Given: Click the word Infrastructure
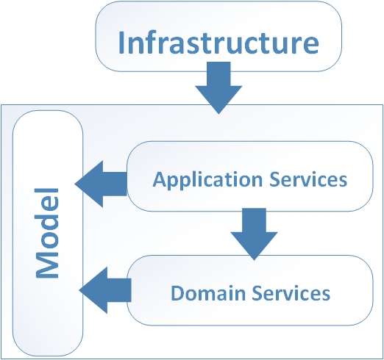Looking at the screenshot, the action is [x=218, y=43].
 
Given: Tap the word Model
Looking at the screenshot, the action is [x=47, y=233].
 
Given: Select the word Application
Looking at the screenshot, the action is [x=207, y=180].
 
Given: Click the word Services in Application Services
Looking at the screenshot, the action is [x=308, y=179].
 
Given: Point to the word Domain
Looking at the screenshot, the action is [x=208, y=293].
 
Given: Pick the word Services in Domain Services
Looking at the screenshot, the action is [x=291, y=293].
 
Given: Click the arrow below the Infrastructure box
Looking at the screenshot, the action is [x=218, y=88].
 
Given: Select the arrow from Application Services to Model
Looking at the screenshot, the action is [x=101, y=184].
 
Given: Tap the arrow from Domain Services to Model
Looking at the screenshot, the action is [x=105, y=290].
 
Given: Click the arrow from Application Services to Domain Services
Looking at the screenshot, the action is [x=254, y=234].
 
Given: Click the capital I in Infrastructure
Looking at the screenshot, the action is [x=121, y=43].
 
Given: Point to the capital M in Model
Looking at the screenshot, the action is [x=47, y=266].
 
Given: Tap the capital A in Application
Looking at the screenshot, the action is [x=160, y=180].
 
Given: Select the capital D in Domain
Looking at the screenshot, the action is [x=177, y=293].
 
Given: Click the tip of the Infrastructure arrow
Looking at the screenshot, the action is [x=218, y=114].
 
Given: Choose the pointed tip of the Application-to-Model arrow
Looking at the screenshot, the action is [x=75, y=184].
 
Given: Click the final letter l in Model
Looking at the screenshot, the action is [x=47, y=190].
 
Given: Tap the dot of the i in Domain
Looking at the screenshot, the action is [x=224, y=287].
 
